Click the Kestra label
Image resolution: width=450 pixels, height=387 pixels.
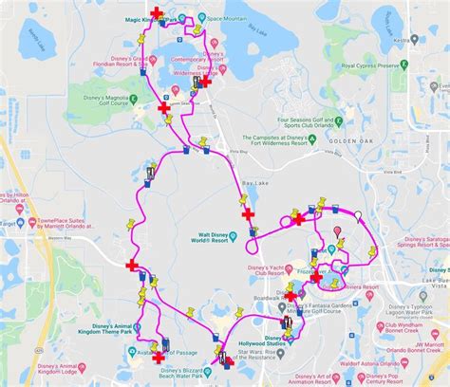(403, 41)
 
